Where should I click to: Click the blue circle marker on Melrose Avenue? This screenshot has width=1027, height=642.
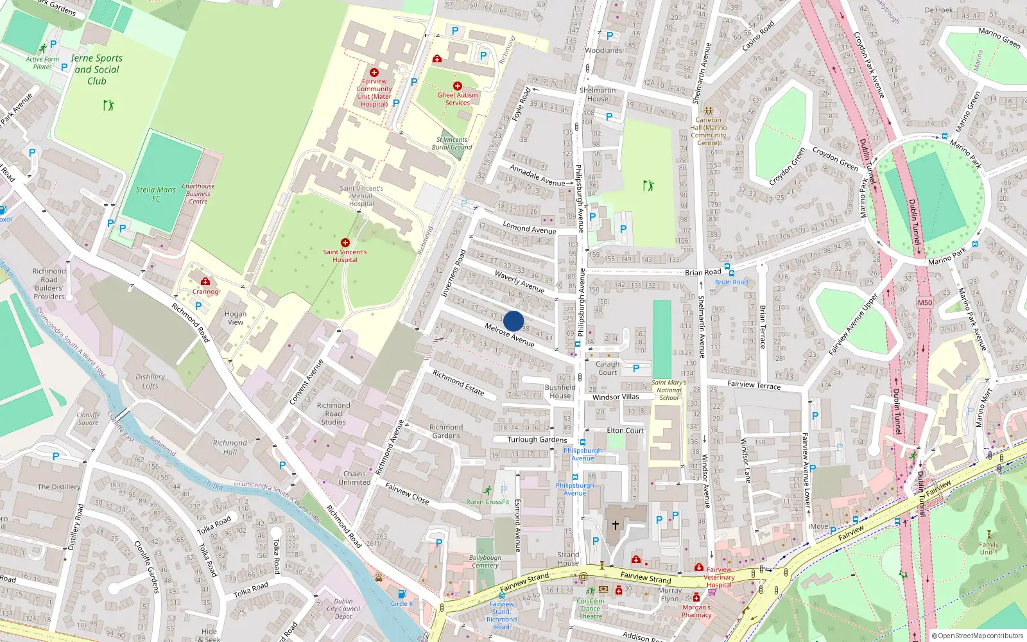513,321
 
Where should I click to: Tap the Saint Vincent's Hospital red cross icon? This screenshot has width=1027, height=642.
345,243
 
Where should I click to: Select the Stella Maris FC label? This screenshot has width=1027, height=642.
156,194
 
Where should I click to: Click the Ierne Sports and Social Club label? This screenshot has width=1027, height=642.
97,69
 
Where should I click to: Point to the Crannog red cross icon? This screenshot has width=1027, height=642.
205,281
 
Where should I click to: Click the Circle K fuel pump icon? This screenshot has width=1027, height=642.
402,594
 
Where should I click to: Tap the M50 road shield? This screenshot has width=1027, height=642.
924,302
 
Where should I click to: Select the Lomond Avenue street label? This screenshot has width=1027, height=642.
530,227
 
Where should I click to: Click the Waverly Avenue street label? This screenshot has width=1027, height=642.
519,281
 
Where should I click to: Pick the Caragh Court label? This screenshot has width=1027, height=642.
607,368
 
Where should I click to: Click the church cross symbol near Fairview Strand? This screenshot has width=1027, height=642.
615,525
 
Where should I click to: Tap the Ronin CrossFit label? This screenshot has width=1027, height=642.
487,502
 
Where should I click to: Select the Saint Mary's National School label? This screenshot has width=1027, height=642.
669,390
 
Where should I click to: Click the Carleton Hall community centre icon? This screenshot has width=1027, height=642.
709,110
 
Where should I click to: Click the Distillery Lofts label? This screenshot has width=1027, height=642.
150,381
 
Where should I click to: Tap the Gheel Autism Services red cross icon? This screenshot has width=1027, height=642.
458,86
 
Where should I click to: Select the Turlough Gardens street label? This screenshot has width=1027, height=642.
537,440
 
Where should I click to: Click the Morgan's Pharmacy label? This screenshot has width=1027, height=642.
696,611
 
